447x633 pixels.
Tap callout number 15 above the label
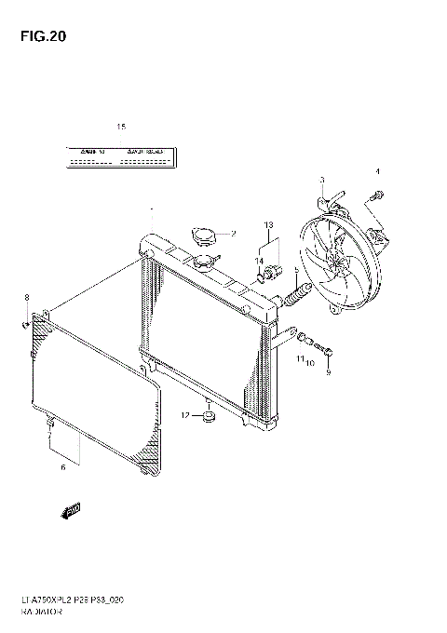click(x=120, y=127)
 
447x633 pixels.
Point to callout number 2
click(x=234, y=233)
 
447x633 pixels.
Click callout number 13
click(x=268, y=225)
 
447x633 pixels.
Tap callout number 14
click(x=261, y=261)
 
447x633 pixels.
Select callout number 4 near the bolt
click(x=378, y=171)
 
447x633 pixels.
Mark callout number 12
click(x=185, y=414)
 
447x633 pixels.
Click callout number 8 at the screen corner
click(x=27, y=297)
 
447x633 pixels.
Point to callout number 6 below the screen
click(x=62, y=467)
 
